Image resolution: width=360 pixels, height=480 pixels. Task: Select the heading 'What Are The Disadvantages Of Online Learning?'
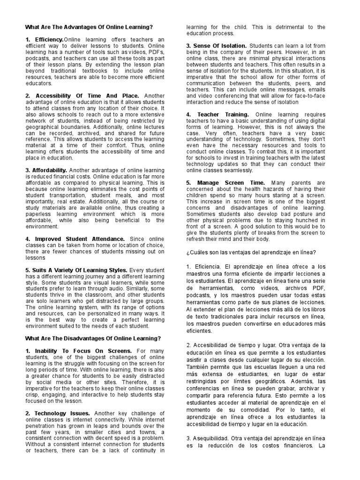[93, 338]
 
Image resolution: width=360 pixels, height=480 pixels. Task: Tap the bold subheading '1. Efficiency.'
[44, 39]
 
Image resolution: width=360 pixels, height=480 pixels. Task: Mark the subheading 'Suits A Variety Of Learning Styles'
[76, 270]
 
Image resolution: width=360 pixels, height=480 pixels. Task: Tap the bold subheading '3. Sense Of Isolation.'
[216, 45]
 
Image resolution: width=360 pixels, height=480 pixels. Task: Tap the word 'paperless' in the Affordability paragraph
[40, 214]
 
